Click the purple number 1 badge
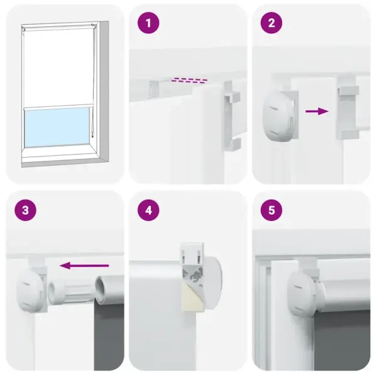coord(149,25)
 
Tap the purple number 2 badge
coord(271,25)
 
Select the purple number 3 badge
coord(25,210)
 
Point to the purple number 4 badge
coord(149,210)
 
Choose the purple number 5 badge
coord(271,210)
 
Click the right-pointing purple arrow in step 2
coord(317,111)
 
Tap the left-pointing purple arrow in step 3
coord(87,266)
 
